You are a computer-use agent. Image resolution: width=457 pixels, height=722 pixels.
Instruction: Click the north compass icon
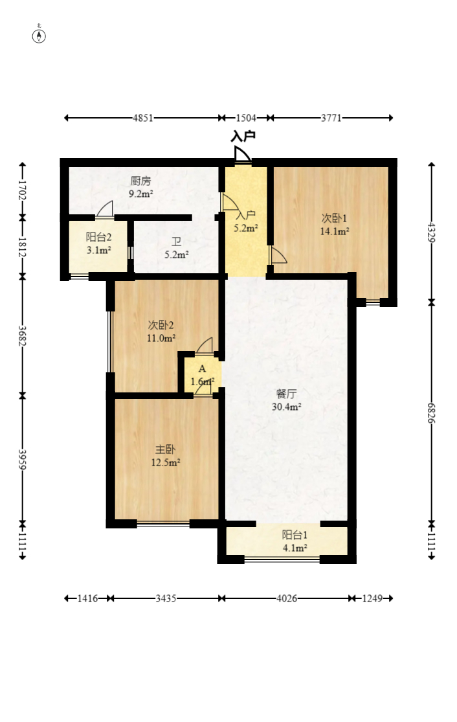click(x=39, y=35)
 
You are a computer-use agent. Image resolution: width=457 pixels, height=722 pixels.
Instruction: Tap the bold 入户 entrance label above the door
click(x=243, y=136)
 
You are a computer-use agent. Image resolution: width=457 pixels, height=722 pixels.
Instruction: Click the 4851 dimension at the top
click(x=143, y=118)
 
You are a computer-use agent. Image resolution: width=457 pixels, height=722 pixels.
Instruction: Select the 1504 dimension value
click(x=246, y=118)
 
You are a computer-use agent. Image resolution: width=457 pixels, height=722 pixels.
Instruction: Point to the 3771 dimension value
click(x=331, y=118)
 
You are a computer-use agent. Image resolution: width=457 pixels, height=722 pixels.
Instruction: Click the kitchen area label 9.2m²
click(x=140, y=194)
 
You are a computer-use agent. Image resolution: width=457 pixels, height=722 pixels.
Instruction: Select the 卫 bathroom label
click(x=176, y=242)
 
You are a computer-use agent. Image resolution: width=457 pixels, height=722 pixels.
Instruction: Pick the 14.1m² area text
click(x=335, y=231)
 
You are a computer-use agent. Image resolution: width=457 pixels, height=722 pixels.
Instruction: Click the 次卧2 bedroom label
click(x=161, y=325)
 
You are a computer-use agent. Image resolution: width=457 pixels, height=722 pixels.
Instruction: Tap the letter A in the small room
click(x=202, y=368)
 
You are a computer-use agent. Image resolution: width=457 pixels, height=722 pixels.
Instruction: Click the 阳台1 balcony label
click(x=295, y=534)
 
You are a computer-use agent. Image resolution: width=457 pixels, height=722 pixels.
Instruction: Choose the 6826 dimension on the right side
click(x=432, y=412)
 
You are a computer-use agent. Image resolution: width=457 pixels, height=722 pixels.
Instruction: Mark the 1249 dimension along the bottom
click(x=372, y=598)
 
